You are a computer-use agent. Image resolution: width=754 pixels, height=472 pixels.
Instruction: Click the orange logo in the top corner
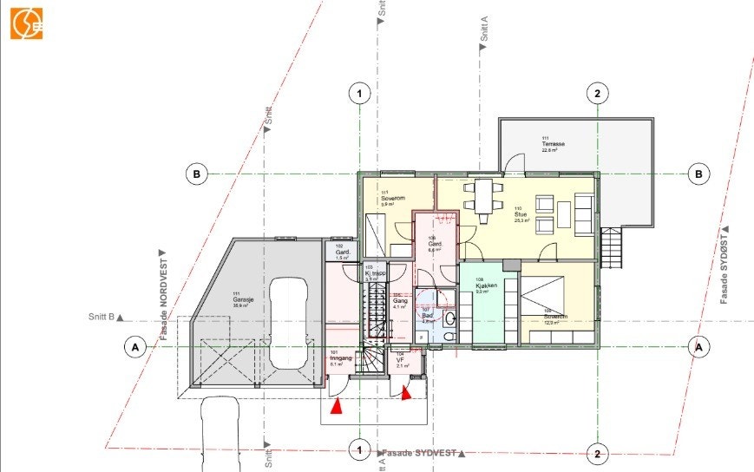26,23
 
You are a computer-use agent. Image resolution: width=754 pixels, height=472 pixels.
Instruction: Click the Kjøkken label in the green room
485,286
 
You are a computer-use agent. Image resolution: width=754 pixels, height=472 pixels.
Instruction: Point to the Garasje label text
241,300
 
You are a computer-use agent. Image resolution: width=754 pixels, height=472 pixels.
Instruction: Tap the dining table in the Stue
482,194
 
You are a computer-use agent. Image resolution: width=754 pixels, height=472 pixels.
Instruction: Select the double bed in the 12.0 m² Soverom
542,296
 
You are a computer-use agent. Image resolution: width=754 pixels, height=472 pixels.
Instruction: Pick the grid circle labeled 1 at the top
358,94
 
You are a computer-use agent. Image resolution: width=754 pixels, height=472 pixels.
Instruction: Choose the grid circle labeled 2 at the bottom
596,453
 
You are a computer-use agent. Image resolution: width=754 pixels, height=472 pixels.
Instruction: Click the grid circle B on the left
198,174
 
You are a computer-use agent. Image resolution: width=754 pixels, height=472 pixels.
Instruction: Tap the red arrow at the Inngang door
339,403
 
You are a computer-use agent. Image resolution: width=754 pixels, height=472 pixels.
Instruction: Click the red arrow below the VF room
406,393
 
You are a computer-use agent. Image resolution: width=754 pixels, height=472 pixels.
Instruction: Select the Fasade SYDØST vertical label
724,265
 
